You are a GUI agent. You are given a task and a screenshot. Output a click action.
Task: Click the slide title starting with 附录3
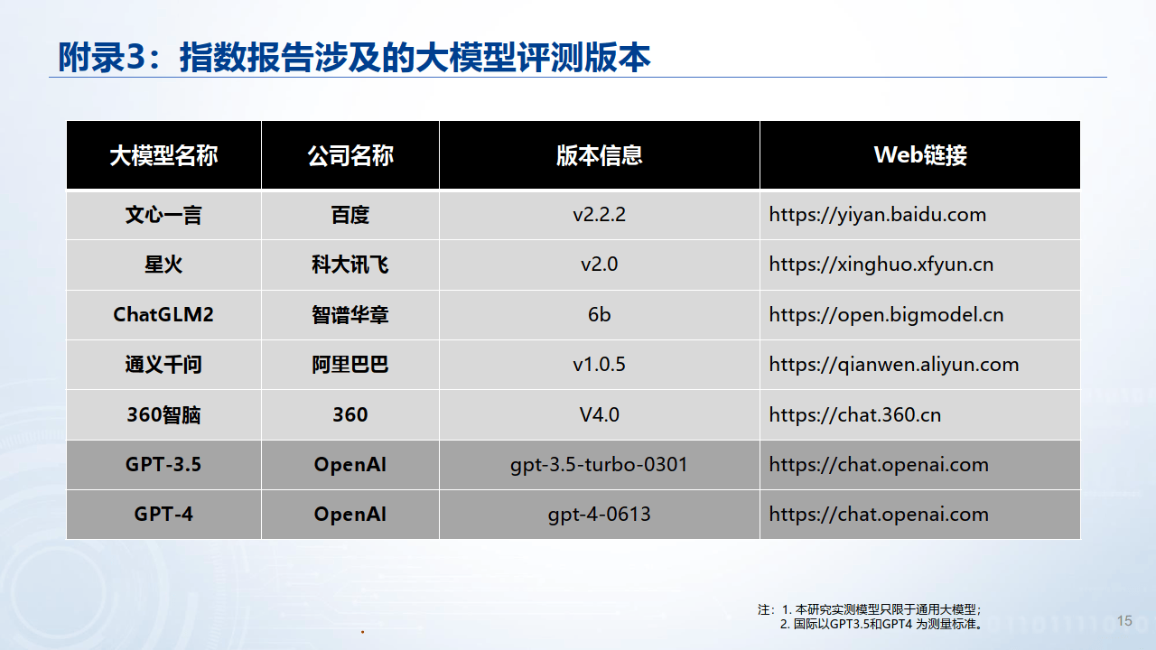click(353, 58)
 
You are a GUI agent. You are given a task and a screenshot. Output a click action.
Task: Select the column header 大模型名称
click(163, 155)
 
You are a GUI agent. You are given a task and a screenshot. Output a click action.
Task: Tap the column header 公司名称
click(350, 155)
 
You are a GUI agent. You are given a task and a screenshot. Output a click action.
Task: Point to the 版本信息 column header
click(599, 155)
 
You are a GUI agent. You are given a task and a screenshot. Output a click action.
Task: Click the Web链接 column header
click(919, 155)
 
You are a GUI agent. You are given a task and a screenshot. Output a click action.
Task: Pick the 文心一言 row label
click(163, 215)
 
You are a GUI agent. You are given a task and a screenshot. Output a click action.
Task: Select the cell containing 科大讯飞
click(350, 265)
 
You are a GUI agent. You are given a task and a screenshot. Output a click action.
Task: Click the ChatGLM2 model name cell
click(163, 315)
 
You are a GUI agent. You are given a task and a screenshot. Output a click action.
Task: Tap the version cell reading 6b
click(599, 315)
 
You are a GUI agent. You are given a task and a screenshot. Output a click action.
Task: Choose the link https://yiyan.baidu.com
click(877, 215)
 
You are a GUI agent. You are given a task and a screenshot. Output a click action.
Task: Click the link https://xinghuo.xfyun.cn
click(881, 265)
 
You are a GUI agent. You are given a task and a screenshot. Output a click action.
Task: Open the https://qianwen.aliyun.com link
click(893, 365)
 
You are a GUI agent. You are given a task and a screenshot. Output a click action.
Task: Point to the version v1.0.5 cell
click(599, 365)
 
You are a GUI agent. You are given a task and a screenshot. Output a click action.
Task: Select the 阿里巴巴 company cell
click(350, 365)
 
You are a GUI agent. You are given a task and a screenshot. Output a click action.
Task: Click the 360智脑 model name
click(163, 415)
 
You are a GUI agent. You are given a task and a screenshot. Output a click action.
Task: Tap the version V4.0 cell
click(599, 415)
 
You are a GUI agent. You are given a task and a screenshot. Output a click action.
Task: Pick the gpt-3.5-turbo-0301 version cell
click(599, 465)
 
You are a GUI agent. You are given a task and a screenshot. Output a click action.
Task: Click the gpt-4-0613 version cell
click(599, 515)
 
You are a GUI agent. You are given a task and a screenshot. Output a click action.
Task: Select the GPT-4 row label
click(163, 515)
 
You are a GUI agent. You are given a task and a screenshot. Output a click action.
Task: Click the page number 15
click(1124, 621)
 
